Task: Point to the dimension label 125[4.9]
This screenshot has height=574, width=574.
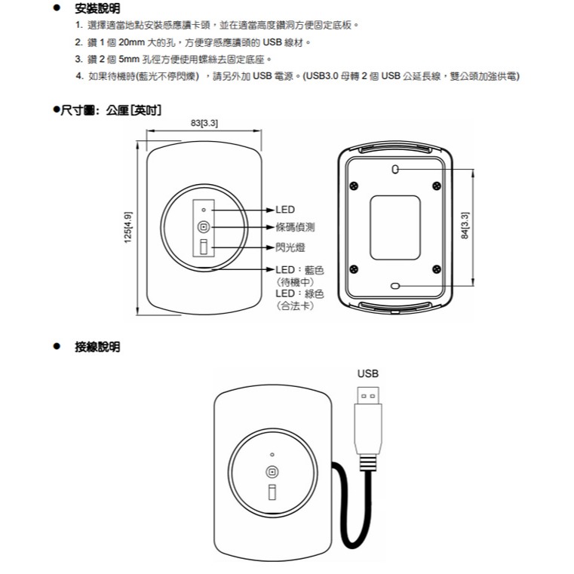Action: [127, 227]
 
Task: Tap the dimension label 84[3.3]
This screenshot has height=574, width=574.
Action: [465, 227]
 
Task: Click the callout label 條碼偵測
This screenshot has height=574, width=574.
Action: [295, 227]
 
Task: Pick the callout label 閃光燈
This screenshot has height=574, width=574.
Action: [290, 247]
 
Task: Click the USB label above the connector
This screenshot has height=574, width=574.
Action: [368, 373]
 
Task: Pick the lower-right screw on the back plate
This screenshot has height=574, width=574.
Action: [437, 269]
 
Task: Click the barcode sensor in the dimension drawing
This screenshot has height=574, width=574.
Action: [203, 227]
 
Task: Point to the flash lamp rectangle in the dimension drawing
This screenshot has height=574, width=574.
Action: [203, 247]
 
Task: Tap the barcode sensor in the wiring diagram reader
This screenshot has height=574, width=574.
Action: [272, 471]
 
